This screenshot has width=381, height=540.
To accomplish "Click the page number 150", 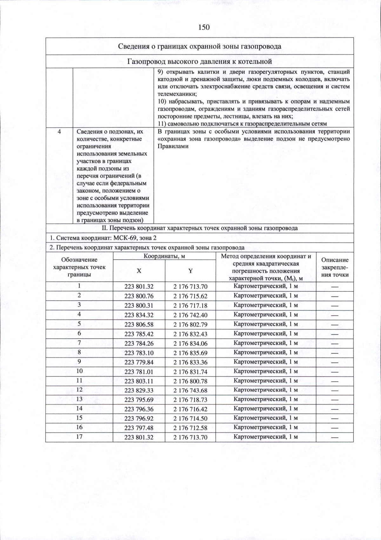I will pyautogui.click(x=204, y=27).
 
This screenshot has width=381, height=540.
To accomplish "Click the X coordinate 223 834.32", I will pyautogui.click(x=139, y=315).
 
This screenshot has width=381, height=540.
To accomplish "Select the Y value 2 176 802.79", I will pyautogui.click(x=190, y=324).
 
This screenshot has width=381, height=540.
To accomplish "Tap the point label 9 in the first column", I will pyautogui.click(x=79, y=362).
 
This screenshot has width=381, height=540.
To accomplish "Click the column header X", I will pyautogui.click(x=139, y=271).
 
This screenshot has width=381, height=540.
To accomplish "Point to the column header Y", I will pyautogui.click(x=190, y=271).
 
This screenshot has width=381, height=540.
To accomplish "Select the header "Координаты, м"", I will pyautogui.click(x=164, y=256).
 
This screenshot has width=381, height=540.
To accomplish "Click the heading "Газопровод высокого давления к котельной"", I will pyautogui.click(x=200, y=61).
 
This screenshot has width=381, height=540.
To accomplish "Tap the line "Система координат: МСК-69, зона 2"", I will pyautogui.click(x=103, y=238).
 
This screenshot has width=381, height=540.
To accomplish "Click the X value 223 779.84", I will pyautogui.click(x=139, y=362).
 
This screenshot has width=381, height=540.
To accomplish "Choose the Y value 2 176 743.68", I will pyautogui.click(x=190, y=390).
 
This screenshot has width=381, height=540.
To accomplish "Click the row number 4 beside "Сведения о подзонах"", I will pyautogui.click(x=59, y=132).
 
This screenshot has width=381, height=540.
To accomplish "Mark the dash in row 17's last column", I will pyautogui.click(x=335, y=437).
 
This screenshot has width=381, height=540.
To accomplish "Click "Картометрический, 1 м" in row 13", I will pyautogui.click(x=265, y=399).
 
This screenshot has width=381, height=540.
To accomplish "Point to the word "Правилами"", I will pyautogui.click(x=173, y=146).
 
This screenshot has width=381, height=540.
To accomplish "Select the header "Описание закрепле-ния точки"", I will pyautogui.click(x=335, y=268).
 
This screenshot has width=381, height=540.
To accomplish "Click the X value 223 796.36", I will pyautogui.click(x=139, y=409).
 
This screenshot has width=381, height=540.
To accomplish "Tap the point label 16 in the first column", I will pyautogui.click(x=79, y=427).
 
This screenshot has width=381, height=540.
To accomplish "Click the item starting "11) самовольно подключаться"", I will pyautogui.click(x=242, y=123).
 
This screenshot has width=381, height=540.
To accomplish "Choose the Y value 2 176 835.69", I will pyautogui.click(x=190, y=353).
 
